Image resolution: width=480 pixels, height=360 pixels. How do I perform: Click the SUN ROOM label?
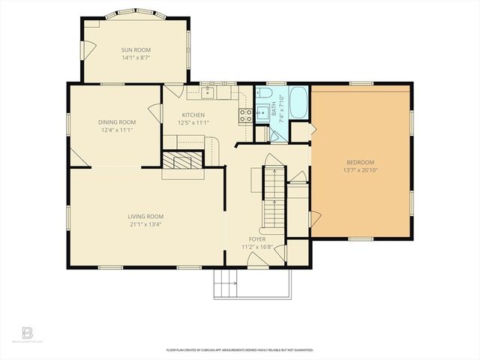coord(136,49)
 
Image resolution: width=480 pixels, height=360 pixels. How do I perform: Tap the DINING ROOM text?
coord(116,122)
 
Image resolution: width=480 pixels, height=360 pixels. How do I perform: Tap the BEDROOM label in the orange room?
coord(360,162)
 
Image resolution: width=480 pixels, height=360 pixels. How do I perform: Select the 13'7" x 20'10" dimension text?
coord(360,169)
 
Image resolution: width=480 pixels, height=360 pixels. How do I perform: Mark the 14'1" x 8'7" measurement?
coord(136,57)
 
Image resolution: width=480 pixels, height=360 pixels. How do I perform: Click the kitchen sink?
coord(209,92)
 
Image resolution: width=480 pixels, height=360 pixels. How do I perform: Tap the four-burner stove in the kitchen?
coord(244,115)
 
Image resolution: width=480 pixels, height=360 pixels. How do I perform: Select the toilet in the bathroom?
coord(275,136)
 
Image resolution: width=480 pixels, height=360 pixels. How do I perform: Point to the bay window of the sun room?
coord(136,14)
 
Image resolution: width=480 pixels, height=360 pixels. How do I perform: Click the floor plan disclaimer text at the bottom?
coord(239,349)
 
